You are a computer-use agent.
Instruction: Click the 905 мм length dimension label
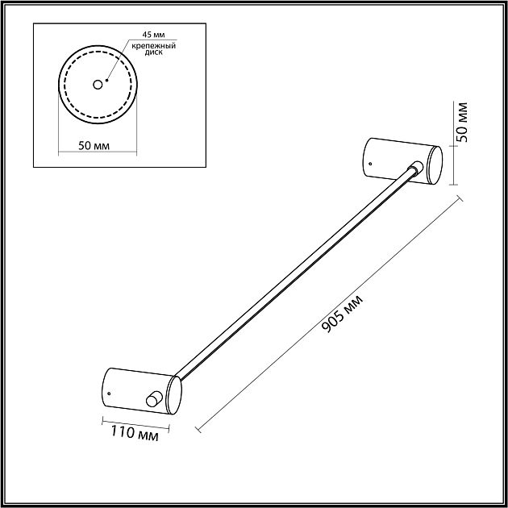tap(343, 314)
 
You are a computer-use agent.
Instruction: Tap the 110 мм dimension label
tap(135, 434)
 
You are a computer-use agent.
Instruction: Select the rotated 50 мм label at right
tap(462, 123)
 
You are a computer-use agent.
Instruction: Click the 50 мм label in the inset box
tap(94, 146)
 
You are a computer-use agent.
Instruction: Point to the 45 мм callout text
tap(153, 35)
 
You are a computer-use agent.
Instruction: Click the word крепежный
tap(153, 46)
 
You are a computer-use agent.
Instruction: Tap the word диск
tap(153, 52)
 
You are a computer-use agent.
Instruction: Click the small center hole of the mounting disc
tap(98, 85)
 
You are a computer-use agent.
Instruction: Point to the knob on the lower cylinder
tap(153, 398)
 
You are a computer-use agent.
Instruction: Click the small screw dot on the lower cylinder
tap(109, 393)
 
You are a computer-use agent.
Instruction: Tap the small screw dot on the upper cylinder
tap(370, 164)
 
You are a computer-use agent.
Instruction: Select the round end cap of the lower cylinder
tap(174, 395)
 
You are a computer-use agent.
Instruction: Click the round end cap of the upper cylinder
tap(435, 165)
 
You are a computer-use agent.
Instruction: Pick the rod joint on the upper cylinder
tap(415, 168)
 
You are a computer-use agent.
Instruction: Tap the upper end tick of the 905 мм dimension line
tap(459, 198)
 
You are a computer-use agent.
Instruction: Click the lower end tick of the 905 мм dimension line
tap(198, 429)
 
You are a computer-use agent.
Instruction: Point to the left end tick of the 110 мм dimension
tap(102, 421)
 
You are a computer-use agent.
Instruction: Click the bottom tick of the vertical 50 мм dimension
tap(453, 185)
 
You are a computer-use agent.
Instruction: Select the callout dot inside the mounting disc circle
tap(107, 80)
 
